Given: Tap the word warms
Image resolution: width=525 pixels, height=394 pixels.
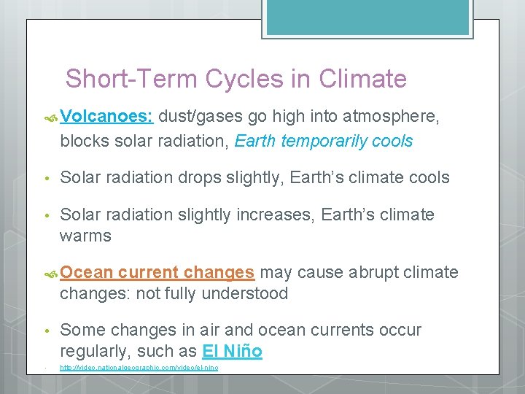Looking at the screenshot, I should click(x=85, y=236).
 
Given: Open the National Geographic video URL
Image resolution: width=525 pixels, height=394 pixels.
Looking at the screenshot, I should click(x=139, y=367).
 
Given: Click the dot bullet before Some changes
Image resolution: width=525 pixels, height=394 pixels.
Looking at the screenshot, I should click(x=46, y=331).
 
